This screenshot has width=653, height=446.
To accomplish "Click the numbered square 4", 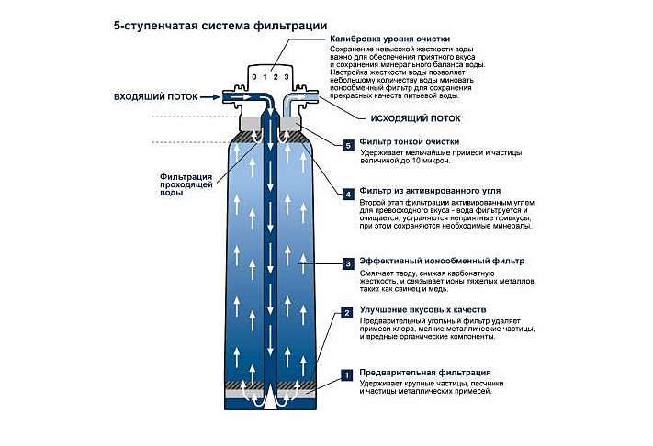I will pos(347,194).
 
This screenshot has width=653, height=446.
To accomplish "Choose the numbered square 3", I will pos(347,263).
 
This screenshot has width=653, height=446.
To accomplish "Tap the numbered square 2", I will pos(347,313).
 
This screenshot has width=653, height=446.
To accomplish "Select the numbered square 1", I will pos(347,374).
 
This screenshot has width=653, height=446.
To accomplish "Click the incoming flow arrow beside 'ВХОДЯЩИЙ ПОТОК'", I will pos(234,96).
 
